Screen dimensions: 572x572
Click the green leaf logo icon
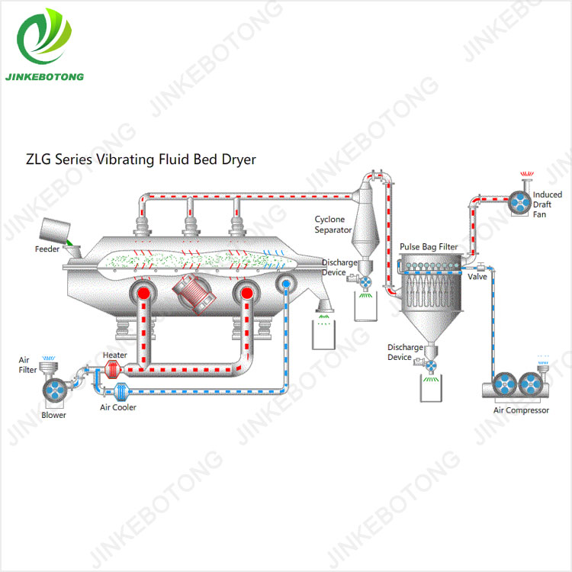coord(45,38)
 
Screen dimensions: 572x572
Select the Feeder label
coord(47,249)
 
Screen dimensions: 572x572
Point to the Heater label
coord(115,355)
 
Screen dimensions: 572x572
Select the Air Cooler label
coord(118,407)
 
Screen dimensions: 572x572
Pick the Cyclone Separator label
coord(333,224)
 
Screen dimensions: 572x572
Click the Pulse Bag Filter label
coord(429,247)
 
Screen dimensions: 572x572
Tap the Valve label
coord(477,276)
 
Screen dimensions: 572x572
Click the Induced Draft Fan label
coord(547,204)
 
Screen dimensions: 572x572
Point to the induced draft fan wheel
coord(519,203)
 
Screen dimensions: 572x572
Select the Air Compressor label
coord(521,410)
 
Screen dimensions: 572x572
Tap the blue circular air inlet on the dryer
coord(286,284)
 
